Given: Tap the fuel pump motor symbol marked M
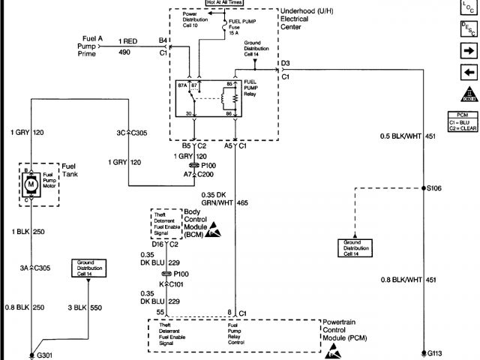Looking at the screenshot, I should click(31, 183).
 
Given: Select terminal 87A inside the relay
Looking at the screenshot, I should click(182, 86).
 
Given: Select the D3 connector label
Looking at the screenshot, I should click(285, 63).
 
